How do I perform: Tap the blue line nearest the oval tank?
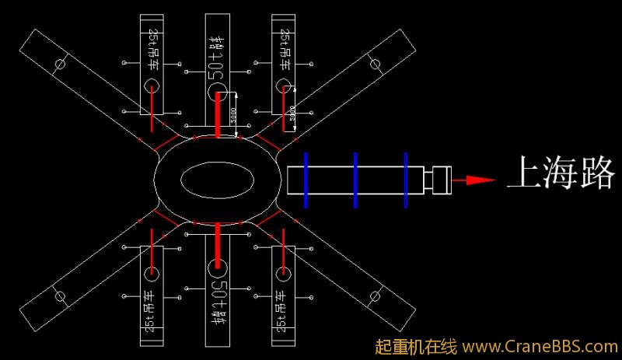tap(306, 180)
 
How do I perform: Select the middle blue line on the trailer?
tap(355, 180)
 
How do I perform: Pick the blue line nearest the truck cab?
tap(405, 180)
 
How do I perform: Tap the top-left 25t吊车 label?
tap(152, 51)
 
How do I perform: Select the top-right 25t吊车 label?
tap(284, 51)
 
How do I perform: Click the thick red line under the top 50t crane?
tap(218, 113)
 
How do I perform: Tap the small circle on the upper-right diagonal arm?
tap(376, 64)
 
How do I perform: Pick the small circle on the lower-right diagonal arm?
tap(377, 296)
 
